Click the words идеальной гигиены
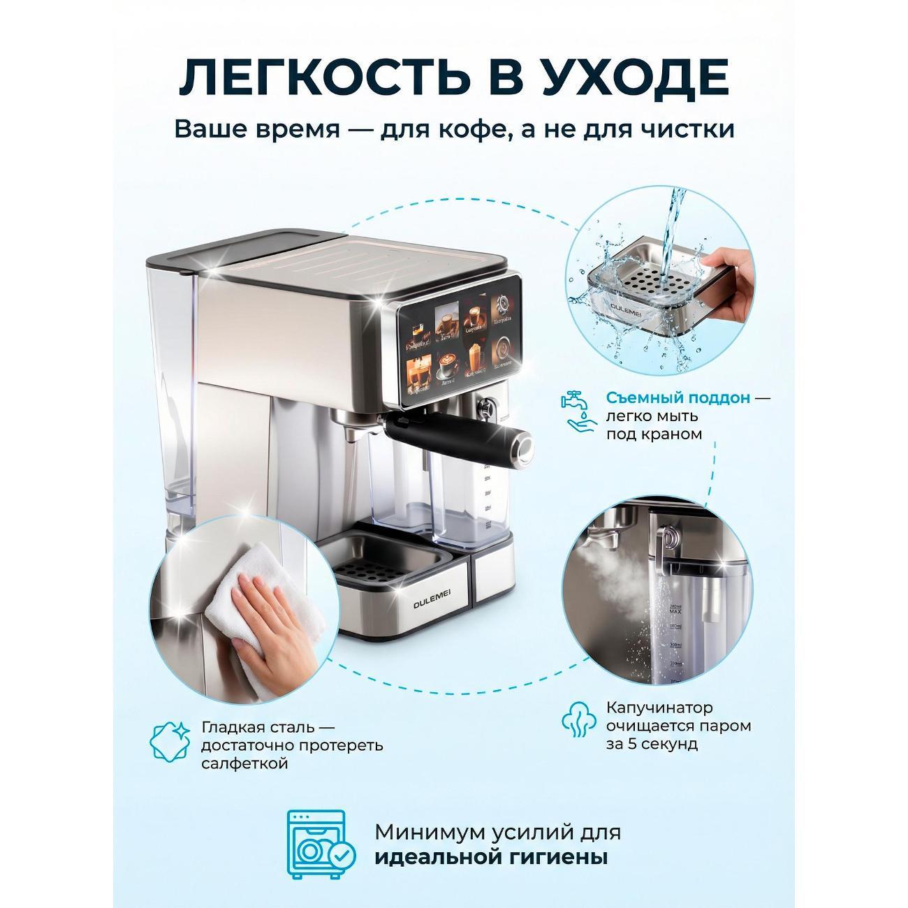tap(490, 857)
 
